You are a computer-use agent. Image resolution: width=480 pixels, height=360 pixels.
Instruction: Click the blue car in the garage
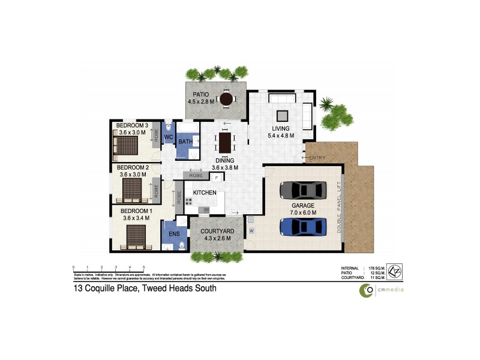click(x=304, y=227)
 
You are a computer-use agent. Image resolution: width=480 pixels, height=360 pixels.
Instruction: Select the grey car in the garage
click(x=304, y=190)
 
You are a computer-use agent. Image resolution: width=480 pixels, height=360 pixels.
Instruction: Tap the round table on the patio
click(x=227, y=99)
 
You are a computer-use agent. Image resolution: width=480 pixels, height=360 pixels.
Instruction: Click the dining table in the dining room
click(x=225, y=142)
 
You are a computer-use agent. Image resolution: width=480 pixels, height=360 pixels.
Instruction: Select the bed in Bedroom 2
click(x=133, y=190)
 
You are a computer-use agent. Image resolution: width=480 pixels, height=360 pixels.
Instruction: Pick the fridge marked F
click(x=216, y=178)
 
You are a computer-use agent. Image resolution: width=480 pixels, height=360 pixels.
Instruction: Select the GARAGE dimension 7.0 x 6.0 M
click(x=303, y=212)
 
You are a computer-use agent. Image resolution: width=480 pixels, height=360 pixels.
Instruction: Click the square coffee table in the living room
click(x=281, y=116)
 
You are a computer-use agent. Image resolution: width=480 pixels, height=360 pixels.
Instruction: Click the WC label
click(x=169, y=137)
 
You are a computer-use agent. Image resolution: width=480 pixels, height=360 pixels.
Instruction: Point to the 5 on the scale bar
click(x=143, y=267)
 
